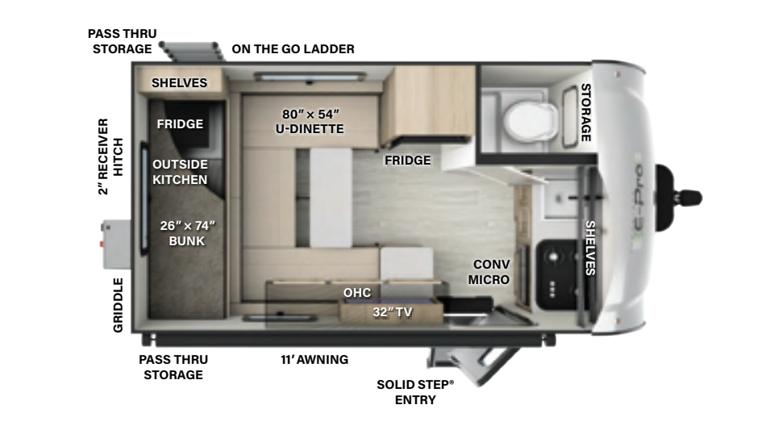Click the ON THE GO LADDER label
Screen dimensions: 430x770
point(293,49)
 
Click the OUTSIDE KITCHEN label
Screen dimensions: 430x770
point(180,172)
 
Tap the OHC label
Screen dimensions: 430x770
point(357,293)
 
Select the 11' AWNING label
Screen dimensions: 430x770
point(309,360)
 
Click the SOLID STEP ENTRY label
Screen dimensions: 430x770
point(415,392)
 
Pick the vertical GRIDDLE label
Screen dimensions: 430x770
point(119,305)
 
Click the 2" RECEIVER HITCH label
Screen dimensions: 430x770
point(110,156)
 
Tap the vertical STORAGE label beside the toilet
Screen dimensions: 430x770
point(586,112)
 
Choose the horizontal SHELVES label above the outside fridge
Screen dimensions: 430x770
point(179,83)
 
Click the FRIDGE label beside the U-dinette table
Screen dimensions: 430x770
point(407,161)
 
